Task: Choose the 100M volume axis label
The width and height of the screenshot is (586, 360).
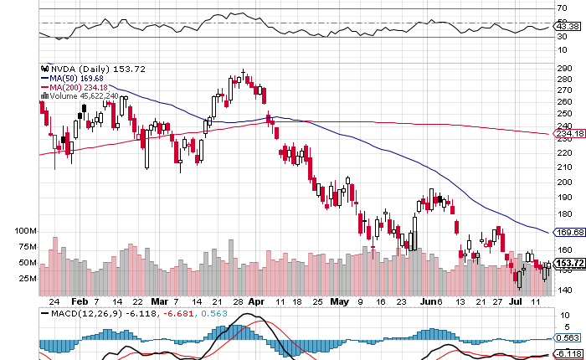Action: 26,230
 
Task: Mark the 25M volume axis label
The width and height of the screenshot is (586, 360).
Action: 28,278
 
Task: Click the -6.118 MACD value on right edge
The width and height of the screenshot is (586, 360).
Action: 568,355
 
